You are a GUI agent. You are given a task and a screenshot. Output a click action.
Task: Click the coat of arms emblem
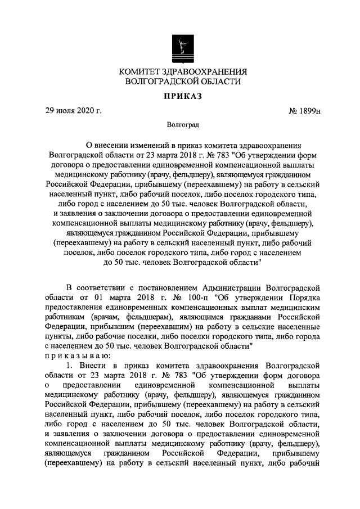pos(180,45)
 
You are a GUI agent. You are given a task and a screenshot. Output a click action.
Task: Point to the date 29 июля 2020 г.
pos(74,111)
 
